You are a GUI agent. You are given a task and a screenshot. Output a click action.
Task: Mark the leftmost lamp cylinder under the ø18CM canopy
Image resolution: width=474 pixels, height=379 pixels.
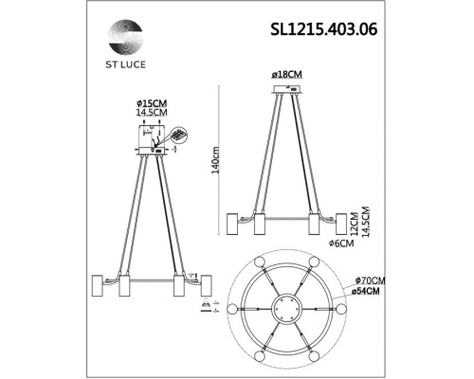point(232,224)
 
